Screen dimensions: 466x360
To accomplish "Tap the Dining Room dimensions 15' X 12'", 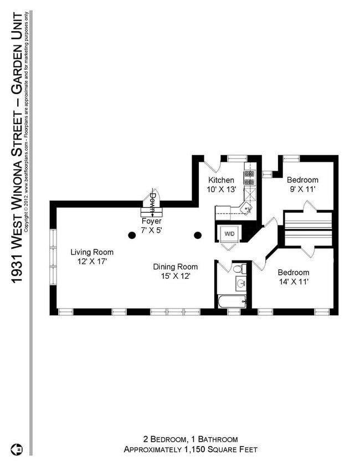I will (175, 276).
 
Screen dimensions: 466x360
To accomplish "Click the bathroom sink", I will (241, 284).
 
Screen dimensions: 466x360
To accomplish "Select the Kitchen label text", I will (221, 180).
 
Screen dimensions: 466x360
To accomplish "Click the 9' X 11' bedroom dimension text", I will (302, 190).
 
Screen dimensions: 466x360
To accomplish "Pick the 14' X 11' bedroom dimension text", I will (293, 282).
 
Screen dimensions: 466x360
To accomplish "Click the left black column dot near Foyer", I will (132, 235).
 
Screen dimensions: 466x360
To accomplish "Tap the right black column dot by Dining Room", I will (197, 235).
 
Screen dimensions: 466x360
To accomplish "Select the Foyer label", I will (151, 220).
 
